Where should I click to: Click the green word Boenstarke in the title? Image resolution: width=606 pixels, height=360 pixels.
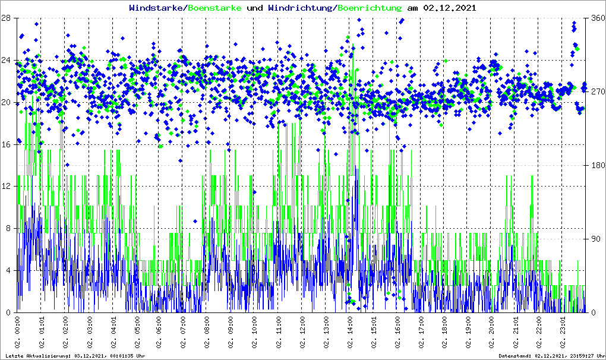tap(214, 8)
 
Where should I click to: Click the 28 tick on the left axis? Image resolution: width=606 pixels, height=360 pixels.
tap(7, 18)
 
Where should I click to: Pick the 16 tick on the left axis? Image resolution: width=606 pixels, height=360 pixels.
tap(7, 144)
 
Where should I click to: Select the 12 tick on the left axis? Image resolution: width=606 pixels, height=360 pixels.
tap(7, 187)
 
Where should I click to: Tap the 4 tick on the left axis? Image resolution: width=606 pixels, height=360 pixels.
tap(10, 270)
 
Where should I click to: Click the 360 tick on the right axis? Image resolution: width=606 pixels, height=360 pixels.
tap(595, 18)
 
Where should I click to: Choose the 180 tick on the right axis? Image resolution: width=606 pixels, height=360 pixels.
tap(595, 165)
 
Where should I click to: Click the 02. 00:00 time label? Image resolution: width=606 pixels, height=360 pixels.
tap(18, 333)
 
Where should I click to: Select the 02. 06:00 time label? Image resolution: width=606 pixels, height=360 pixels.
tap(160, 333)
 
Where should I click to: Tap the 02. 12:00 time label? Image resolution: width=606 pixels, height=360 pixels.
tap(302, 333)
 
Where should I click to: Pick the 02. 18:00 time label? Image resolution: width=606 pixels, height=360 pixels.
tap(444, 333)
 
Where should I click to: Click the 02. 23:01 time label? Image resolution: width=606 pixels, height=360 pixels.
tap(563, 333)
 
